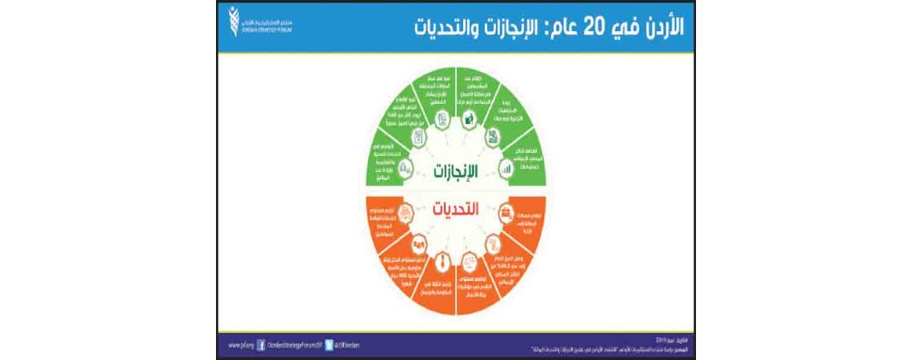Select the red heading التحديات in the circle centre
pyautogui.click(x=455, y=210)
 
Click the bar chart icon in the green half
pyautogui.click(x=506, y=168)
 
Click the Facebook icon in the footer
pyautogui.click(x=261, y=346)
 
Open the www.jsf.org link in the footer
pyautogui.click(x=235, y=346)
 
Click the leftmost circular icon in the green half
pyautogui.click(x=405, y=168)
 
